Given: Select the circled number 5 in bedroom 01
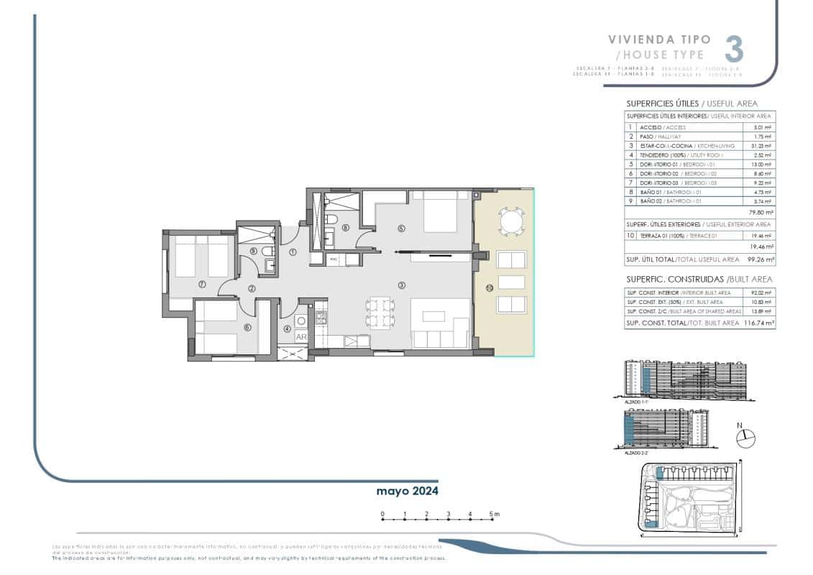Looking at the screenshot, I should point(401,229).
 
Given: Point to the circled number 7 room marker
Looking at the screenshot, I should point(202,285).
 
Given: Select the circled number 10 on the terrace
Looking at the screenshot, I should point(489,288).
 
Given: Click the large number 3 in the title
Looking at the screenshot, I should point(732,48).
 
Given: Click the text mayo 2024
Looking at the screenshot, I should point(407,491).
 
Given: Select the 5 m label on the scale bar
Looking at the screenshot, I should point(494,514).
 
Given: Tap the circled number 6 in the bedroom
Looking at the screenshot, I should point(247,328).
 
